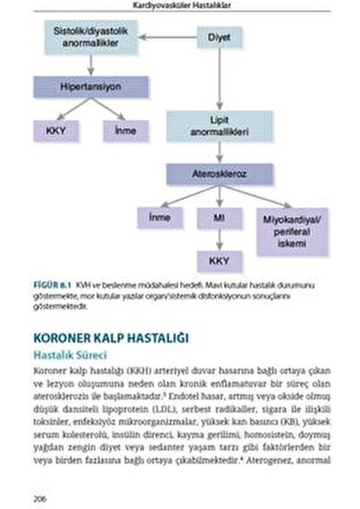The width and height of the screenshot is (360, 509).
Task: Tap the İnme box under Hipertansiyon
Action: click(118, 131)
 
